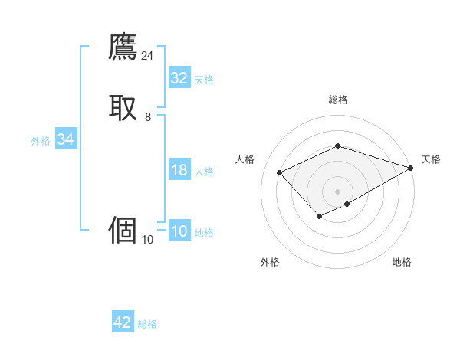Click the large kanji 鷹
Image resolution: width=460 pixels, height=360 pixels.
pos(123,47)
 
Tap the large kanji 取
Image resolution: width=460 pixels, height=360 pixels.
pos(123,107)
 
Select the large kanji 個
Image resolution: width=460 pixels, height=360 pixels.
pos(123,230)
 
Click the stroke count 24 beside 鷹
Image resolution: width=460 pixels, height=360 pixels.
pos(147,56)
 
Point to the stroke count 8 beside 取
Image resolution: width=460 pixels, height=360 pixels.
pos(147,117)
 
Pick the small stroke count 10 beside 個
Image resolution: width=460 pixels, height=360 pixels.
pos(147,240)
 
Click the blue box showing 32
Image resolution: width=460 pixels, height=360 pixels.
pos(179,78)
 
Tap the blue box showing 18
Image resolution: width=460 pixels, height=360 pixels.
pos(179,170)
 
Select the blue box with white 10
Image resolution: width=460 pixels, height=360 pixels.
pos(179,231)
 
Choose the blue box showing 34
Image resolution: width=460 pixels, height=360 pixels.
pos(65,139)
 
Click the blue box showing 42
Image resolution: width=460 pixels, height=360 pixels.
pos(123,322)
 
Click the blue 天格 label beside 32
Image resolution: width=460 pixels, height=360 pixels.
pos(203,80)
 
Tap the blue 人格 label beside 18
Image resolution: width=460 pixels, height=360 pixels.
pos(204,172)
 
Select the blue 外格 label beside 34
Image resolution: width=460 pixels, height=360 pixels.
pos(41,141)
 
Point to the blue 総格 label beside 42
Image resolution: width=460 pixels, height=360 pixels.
pos(147,324)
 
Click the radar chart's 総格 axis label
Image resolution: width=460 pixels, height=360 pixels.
pos(337,100)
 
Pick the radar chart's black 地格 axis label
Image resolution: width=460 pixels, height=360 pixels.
pos(402,263)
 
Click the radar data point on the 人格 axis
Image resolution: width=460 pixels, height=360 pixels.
pos(280,173)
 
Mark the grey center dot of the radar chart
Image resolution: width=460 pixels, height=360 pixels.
pos(337,191)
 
